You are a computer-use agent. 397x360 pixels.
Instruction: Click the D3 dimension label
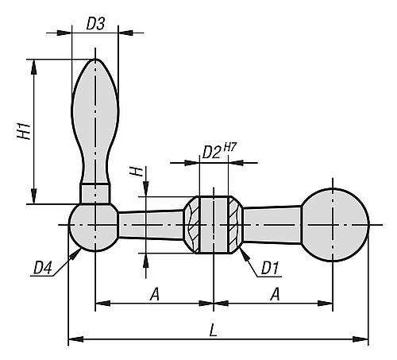94,24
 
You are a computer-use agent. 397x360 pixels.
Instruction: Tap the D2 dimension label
211,152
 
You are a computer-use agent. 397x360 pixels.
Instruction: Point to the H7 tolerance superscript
230,147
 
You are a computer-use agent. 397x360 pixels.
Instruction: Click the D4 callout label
43,269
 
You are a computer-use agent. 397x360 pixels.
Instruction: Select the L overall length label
214,328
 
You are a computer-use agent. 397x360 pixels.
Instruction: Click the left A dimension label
155,293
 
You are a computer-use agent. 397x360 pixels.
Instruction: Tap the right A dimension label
274,293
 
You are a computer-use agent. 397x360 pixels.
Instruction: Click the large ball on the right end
337,226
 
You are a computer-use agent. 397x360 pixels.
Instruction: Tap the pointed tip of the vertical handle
96,61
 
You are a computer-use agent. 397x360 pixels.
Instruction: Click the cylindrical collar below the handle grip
95,193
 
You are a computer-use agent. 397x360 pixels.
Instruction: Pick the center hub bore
214,226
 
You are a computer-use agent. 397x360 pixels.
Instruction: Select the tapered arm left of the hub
151,225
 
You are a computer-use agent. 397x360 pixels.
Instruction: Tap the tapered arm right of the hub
272,225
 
